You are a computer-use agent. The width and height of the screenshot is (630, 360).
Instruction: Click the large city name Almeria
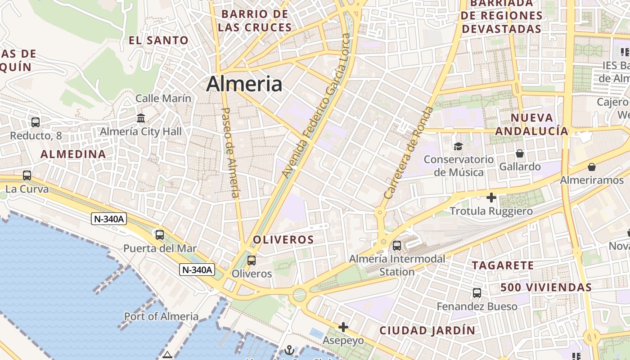(244, 84)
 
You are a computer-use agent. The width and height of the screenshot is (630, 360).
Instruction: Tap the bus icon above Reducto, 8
(36, 122)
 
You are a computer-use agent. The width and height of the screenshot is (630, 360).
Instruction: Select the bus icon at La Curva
(27, 175)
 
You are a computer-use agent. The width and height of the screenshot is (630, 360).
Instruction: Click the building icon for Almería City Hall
(141, 118)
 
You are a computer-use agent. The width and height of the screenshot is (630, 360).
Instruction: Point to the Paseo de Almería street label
(230, 152)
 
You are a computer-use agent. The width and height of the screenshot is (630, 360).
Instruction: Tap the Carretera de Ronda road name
(409, 153)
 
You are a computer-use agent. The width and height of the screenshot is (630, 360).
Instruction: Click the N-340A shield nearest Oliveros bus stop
(197, 270)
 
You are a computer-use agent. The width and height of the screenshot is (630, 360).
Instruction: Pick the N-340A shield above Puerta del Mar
(109, 219)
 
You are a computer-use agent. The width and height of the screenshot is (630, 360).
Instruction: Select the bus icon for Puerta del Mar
(160, 234)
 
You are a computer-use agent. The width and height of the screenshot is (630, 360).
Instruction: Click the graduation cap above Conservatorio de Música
(458, 146)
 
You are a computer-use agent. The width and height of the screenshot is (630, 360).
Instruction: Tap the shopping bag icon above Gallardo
(520, 153)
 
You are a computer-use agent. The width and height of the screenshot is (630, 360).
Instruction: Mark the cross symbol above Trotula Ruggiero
(491, 198)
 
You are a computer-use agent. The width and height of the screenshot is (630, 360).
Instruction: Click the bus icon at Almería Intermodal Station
(397, 246)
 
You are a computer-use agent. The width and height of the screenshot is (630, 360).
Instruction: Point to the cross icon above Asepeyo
(343, 327)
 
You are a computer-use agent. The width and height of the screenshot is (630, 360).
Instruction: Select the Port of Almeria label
(161, 316)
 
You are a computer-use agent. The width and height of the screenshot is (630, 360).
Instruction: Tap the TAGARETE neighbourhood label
(503, 265)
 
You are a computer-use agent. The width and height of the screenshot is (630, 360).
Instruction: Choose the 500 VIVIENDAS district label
(546, 287)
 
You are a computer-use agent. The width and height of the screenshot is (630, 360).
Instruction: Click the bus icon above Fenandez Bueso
(477, 293)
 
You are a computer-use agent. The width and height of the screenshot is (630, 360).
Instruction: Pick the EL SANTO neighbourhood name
(158, 40)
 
